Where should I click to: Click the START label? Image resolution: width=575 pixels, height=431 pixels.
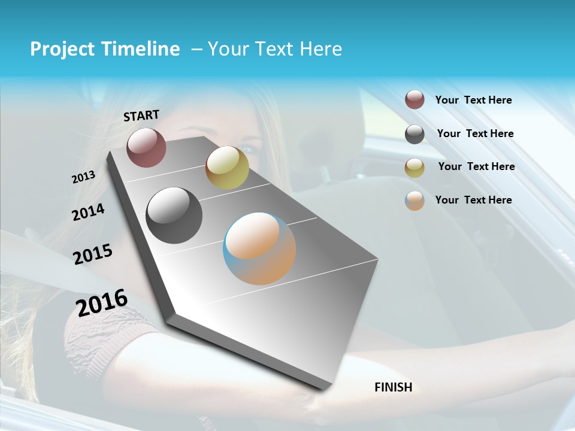click(x=141, y=116)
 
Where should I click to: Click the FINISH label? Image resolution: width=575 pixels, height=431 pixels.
click(x=393, y=387)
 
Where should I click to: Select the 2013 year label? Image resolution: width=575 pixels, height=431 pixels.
click(x=83, y=177)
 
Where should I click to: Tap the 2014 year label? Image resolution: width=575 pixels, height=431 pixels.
click(x=88, y=212)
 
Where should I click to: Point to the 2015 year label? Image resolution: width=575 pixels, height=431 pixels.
click(x=92, y=254)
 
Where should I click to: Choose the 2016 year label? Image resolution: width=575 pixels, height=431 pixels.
click(x=102, y=302)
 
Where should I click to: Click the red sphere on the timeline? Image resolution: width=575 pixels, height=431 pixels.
click(x=146, y=147)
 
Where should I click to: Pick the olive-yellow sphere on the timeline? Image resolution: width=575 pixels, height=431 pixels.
click(x=227, y=168)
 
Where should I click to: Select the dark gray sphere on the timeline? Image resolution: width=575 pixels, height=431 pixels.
click(x=174, y=215)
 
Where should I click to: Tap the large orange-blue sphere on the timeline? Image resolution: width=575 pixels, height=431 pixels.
click(x=259, y=248)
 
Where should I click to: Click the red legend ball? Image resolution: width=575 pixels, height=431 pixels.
click(x=414, y=100)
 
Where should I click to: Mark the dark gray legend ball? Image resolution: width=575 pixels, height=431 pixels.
click(x=414, y=134)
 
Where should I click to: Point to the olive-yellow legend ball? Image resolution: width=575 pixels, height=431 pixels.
click(x=414, y=168)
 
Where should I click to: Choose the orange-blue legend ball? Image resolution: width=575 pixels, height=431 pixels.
click(x=414, y=201)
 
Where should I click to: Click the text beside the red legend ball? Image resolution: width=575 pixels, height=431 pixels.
click(x=473, y=100)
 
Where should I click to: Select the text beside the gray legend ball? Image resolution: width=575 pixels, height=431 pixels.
click(x=475, y=133)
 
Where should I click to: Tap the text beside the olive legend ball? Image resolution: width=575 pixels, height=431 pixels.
click(x=476, y=166)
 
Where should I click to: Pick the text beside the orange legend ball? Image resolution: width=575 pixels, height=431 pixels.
click(x=473, y=200)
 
